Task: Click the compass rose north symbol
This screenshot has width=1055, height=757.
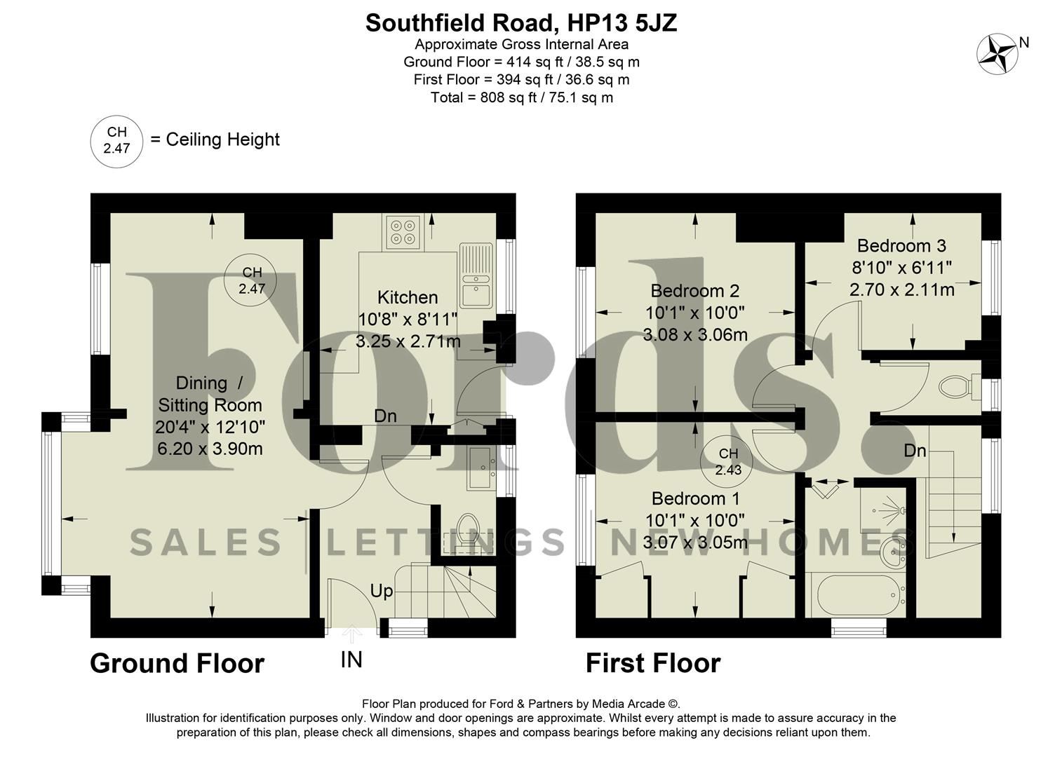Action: (x=997, y=54)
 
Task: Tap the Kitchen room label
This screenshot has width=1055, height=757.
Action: (x=408, y=297)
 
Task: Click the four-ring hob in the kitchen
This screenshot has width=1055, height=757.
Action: (x=403, y=232)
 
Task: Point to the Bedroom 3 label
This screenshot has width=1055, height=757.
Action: (x=901, y=245)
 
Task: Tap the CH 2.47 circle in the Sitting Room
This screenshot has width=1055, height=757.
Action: (x=251, y=280)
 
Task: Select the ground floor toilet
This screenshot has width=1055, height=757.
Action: (x=466, y=527)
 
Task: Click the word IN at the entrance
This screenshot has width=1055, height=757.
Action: (x=351, y=660)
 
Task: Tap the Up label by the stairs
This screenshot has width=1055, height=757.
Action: (x=382, y=591)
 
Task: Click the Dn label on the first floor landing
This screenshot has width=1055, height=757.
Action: (x=915, y=451)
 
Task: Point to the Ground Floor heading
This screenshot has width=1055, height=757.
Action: (x=177, y=663)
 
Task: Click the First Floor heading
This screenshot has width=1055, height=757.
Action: (x=653, y=663)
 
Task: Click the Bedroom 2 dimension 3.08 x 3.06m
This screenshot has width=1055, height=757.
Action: (x=695, y=335)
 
